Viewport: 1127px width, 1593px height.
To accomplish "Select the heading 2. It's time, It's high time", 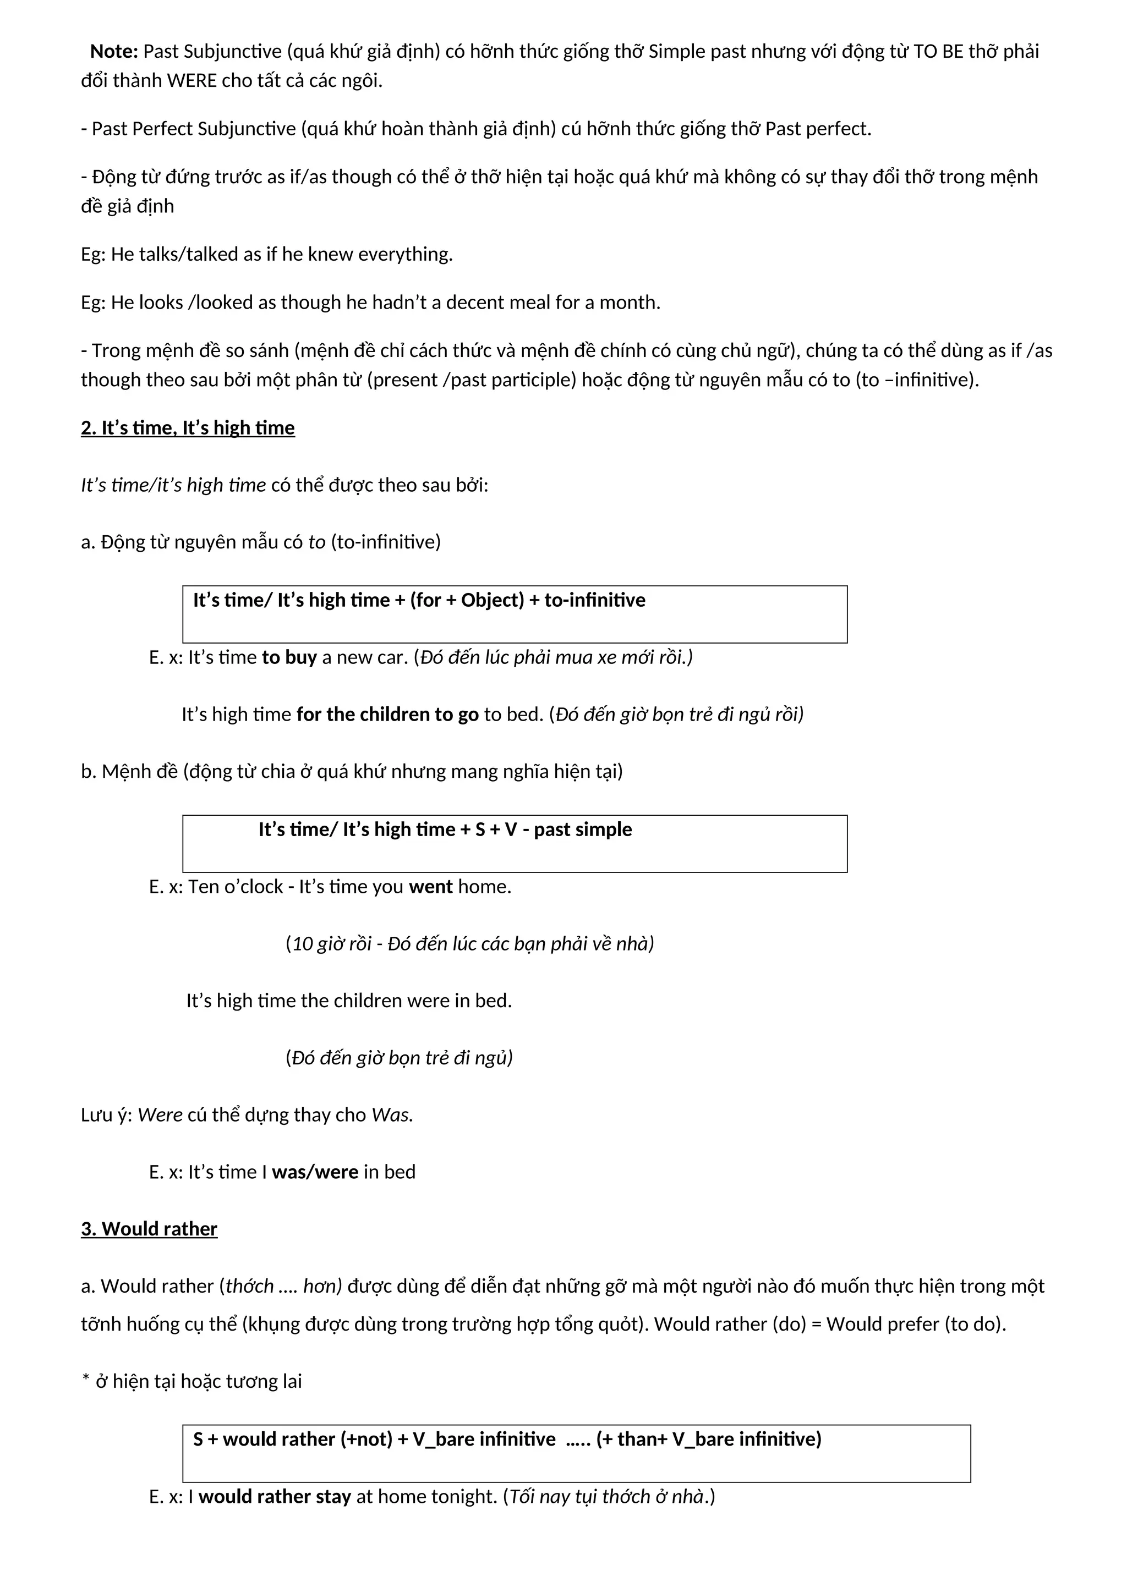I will click(187, 428).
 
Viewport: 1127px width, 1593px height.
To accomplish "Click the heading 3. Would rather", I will click(149, 1229).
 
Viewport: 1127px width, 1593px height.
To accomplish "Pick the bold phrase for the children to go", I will click(387, 715).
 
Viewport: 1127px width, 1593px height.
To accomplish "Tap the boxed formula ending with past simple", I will click(445, 830).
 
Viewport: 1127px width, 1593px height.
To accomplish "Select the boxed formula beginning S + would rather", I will click(507, 1440).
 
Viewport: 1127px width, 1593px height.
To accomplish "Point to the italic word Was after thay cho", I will click(391, 1115).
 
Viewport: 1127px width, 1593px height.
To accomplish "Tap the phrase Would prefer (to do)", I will click(915, 1325).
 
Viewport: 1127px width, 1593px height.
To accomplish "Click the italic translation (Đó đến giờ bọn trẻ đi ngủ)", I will click(399, 1058).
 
